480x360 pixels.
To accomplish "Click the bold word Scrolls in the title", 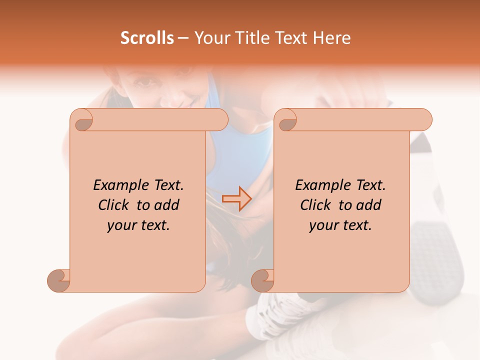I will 147,38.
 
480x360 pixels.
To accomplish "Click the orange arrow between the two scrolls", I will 236,198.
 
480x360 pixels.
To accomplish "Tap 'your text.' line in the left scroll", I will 138,225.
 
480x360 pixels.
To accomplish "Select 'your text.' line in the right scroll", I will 340,225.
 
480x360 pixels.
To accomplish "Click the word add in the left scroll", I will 166,205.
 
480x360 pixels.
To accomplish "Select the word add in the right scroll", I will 368,205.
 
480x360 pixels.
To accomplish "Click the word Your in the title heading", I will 210,38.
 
